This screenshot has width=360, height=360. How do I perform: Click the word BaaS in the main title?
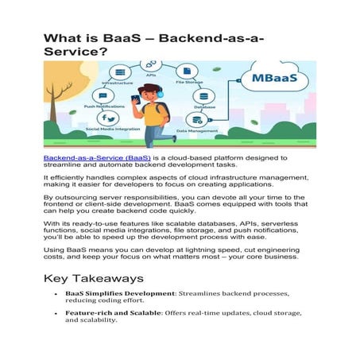130,37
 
